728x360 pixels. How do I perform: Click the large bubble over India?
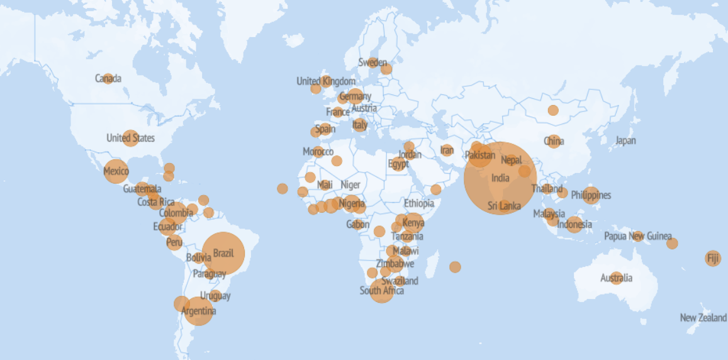(x=500, y=178)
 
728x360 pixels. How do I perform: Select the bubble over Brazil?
(x=223, y=254)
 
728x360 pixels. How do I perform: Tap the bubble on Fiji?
(x=712, y=258)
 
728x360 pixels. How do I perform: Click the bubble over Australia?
(x=616, y=278)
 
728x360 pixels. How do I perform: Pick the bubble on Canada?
(x=108, y=79)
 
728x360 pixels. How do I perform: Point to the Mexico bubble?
(x=116, y=171)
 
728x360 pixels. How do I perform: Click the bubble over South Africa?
(x=381, y=290)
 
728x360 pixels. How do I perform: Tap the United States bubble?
(x=130, y=138)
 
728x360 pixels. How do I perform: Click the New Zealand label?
(x=703, y=318)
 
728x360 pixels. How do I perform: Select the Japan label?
(x=625, y=141)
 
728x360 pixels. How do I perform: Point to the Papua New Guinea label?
(x=637, y=237)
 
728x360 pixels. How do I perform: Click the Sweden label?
(x=372, y=62)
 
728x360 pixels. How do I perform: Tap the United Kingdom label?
(x=326, y=81)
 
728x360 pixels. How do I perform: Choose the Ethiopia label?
(x=419, y=203)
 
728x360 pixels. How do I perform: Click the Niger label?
(x=350, y=184)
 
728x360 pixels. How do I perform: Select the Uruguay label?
(x=215, y=296)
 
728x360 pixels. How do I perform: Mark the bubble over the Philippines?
(x=591, y=195)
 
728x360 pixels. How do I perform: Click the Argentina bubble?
(x=199, y=311)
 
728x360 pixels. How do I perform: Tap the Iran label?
(x=447, y=150)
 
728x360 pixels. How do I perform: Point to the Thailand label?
(x=547, y=189)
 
